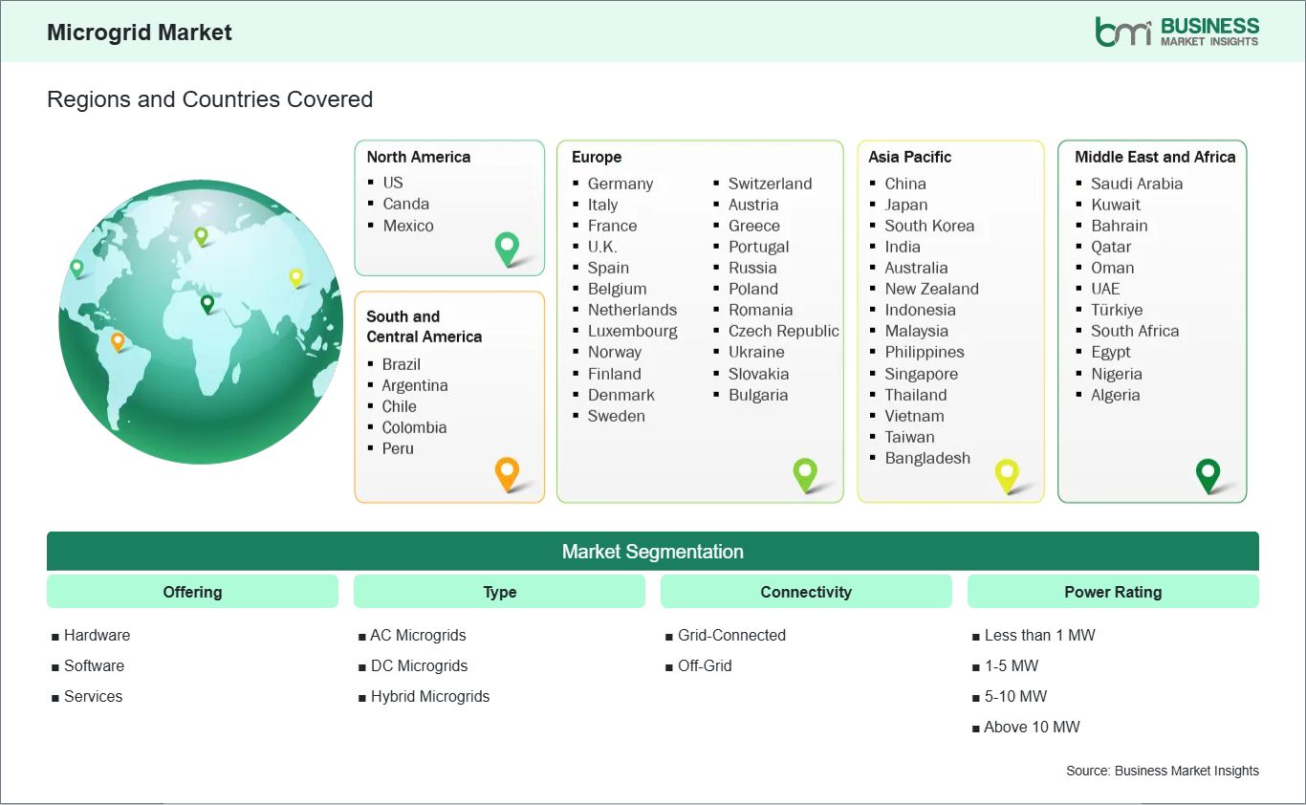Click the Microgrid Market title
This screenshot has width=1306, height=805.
coord(140,33)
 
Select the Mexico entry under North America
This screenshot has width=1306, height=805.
coord(407,226)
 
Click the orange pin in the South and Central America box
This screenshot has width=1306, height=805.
coord(507,472)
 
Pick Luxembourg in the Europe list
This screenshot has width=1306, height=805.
coord(632,331)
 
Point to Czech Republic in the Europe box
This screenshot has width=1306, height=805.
coord(783,331)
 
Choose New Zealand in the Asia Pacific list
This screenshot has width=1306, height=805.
coord(931,289)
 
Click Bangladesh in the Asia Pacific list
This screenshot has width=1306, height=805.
coord(926,458)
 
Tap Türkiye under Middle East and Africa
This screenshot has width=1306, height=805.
coord(1117,310)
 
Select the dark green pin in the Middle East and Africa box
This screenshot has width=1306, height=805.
coord(1208,473)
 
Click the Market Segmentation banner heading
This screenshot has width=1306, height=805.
coord(652,552)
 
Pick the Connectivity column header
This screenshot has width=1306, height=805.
coord(805,592)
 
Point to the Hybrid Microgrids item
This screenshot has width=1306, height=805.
coord(429,696)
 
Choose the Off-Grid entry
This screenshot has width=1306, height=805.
coord(704,665)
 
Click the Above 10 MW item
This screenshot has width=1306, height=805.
coord(1032,727)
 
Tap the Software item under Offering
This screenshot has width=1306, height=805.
coord(94,665)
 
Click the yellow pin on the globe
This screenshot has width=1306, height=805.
coord(296,276)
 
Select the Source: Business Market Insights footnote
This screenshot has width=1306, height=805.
coord(1162,771)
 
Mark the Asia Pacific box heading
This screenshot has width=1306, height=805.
coord(909,157)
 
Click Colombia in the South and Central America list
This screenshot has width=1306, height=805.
coord(414,427)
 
